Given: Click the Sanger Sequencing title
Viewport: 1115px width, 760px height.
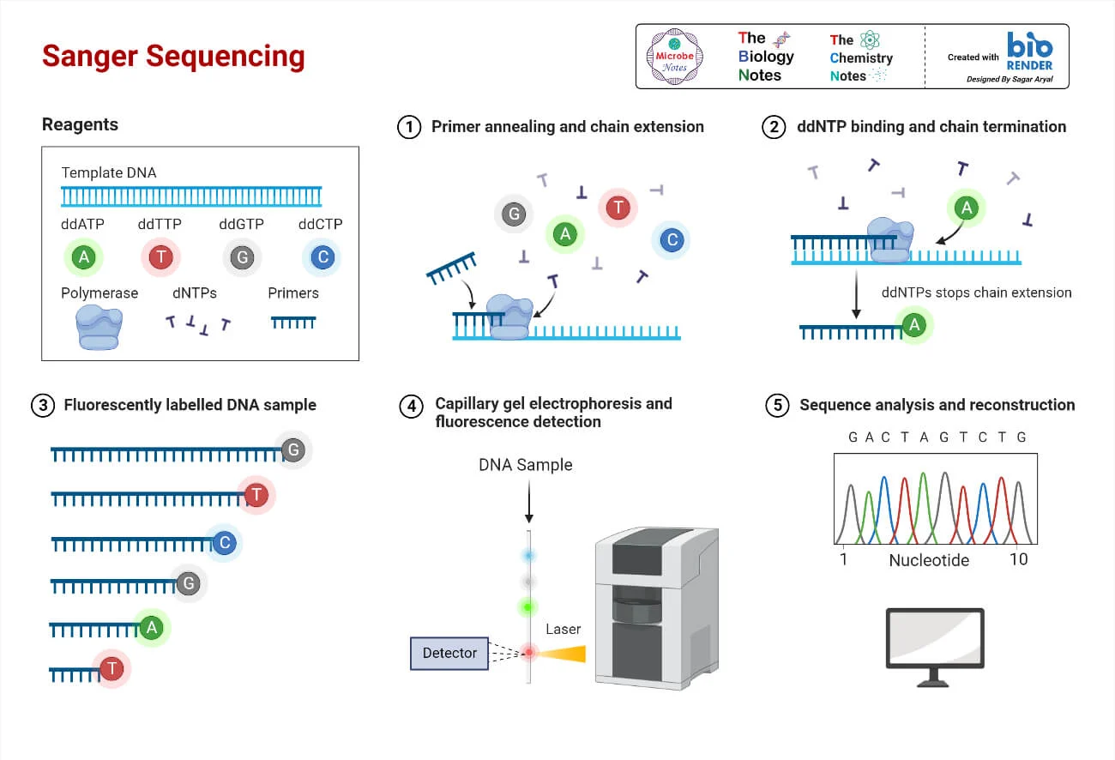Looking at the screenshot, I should pyautogui.click(x=173, y=57).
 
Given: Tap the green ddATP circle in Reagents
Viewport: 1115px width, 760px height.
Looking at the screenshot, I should pyautogui.click(x=83, y=256).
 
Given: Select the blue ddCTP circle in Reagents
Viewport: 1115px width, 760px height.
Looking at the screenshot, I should pyautogui.click(x=322, y=256).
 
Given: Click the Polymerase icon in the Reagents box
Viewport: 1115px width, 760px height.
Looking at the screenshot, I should pyautogui.click(x=98, y=327).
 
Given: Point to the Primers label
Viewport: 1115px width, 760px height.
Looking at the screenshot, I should pyautogui.click(x=293, y=293).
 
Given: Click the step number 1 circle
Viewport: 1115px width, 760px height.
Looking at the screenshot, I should pyautogui.click(x=410, y=127).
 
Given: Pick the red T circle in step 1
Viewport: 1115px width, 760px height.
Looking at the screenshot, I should pyautogui.click(x=618, y=207).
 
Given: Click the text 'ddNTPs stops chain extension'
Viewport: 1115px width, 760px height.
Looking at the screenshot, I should pyautogui.click(x=976, y=293).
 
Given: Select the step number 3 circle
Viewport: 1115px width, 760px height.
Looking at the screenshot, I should pyautogui.click(x=42, y=405).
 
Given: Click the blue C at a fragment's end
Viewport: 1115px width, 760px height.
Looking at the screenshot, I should pyautogui.click(x=224, y=544).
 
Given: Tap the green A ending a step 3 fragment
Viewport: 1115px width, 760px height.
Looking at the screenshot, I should pyautogui.click(x=152, y=628).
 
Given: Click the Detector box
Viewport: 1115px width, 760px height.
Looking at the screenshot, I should pyautogui.click(x=449, y=654).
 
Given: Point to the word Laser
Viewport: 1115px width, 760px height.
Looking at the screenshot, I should pyautogui.click(x=564, y=629).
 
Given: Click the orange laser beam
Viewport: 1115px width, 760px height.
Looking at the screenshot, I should pyautogui.click(x=565, y=654).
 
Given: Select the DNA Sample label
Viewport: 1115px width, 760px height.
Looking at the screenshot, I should pyautogui.click(x=526, y=465).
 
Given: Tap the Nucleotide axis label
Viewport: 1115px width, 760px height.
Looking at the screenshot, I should pyautogui.click(x=929, y=560).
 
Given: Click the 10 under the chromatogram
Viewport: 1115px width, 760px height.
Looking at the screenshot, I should pyautogui.click(x=1018, y=559).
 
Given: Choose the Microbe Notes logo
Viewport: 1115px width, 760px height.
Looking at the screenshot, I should pyautogui.click(x=674, y=57).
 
